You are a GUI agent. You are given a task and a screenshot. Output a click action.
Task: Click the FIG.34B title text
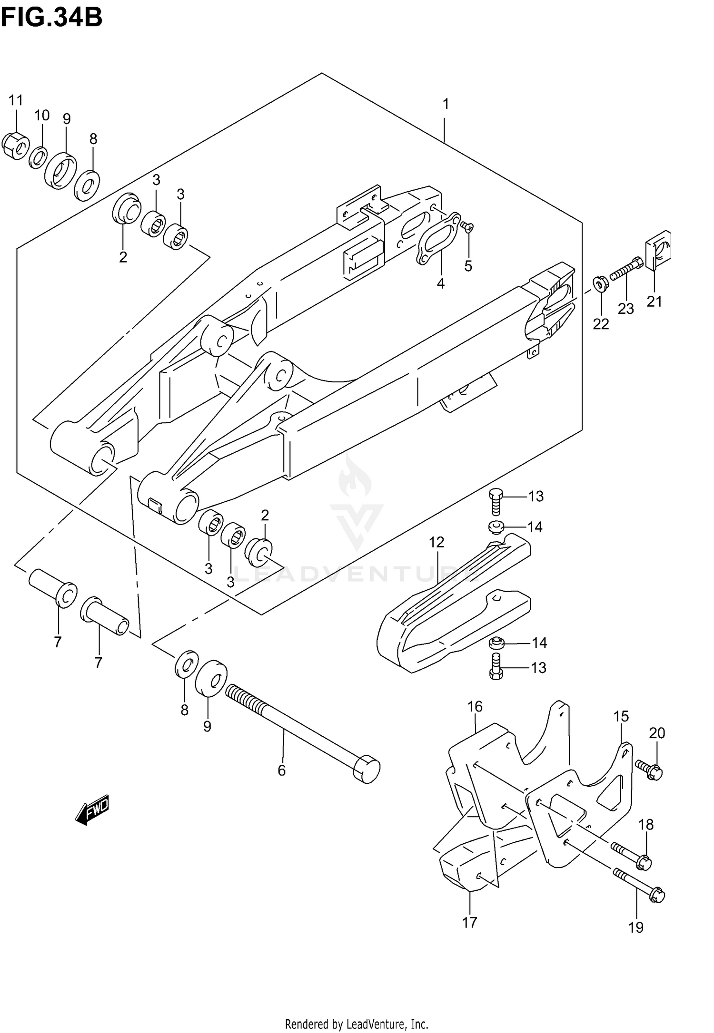point(51,18)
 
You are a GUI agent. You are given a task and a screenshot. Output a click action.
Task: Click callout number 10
point(42,116)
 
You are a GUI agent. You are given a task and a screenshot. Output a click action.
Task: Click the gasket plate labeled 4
point(437,238)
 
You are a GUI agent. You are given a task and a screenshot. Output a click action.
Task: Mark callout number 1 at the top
point(446,104)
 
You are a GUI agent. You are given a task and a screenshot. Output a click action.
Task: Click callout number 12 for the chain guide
point(436,542)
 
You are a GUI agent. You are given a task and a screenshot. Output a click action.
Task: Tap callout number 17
point(469,923)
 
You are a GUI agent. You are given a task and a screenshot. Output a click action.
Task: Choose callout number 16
point(475,707)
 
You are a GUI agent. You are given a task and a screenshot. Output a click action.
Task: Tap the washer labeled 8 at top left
point(88,185)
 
